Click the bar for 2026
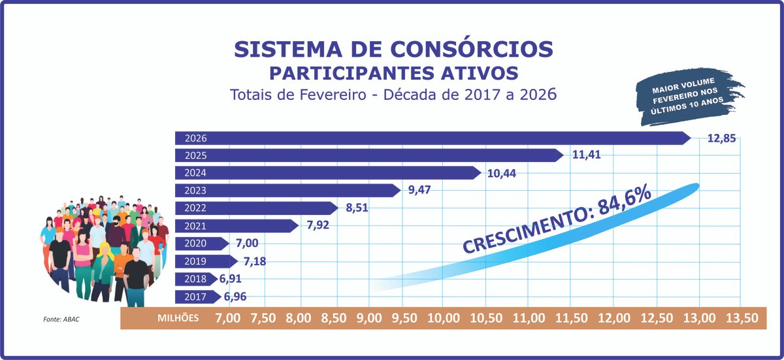pyautogui.click(x=431, y=138)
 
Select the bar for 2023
pyautogui.click(x=287, y=191)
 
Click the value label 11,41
pyautogui.click(x=586, y=155)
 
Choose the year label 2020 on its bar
pyautogui.click(x=195, y=244)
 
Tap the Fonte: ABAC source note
pyautogui.click(x=63, y=319)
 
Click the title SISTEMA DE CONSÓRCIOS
pyautogui.click(x=393, y=50)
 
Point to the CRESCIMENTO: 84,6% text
pyautogui.click(x=557, y=220)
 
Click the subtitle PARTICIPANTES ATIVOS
pyautogui.click(x=394, y=72)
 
